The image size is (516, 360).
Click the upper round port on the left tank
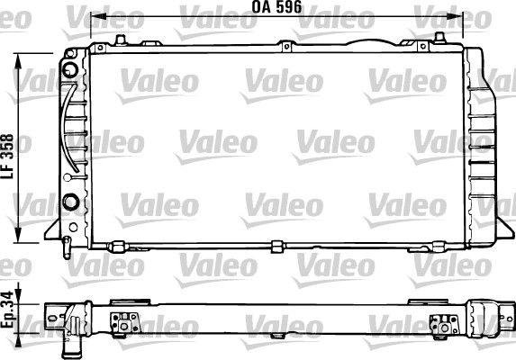pyautogui.click(x=70, y=68)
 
